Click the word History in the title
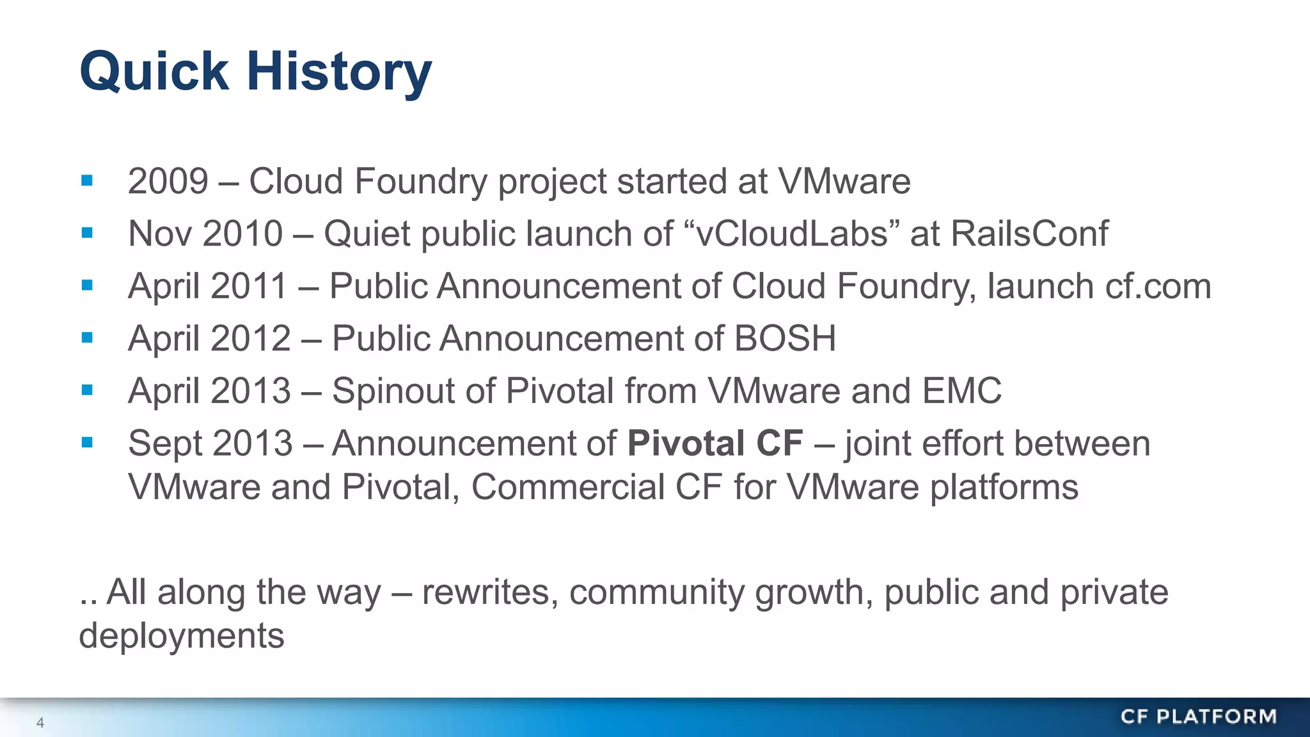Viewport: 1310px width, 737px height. click(x=339, y=72)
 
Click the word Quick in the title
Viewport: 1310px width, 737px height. click(x=154, y=72)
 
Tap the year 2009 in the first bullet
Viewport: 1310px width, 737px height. click(x=168, y=181)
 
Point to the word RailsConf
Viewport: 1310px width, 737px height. click(x=1029, y=234)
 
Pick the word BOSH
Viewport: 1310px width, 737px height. click(x=785, y=338)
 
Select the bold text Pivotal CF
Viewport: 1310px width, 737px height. click(x=714, y=443)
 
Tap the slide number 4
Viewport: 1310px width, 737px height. click(x=40, y=723)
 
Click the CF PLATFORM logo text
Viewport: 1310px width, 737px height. click(x=1198, y=717)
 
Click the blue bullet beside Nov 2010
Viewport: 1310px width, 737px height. click(x=88, y=234)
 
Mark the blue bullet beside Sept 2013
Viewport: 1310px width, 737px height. click(x=88, y=443)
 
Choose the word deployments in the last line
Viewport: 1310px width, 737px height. click(x=182, y=636)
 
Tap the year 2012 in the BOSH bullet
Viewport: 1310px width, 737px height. click(x=250, y=338)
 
